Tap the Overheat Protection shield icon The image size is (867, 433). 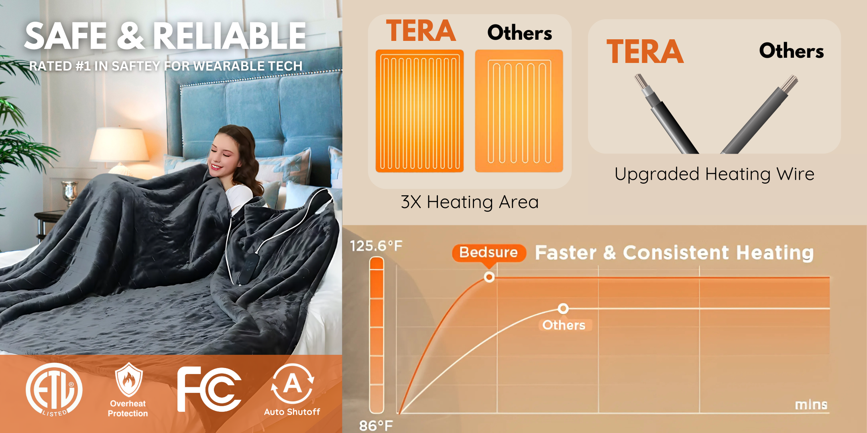[x=128, y=379]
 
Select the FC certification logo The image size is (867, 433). [x=209, y=389]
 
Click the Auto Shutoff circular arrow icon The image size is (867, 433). [x=292, y=383]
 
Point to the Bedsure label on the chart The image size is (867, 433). [x=489, y=253]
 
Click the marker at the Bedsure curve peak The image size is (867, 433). [x=489, y=277]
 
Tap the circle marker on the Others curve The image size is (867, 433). [x=563, y=309]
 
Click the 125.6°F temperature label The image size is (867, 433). [x=376, y=246]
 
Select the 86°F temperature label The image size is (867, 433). [x=376, y=425]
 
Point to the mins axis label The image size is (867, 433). [x=811, y=405]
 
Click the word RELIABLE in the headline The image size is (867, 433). [x=230, y=36]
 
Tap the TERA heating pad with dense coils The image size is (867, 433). [x=419, y=111]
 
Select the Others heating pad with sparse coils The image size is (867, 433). [x=519, y=111]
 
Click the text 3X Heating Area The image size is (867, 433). [x=470, y=202]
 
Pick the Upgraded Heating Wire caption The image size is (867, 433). [x=714, y=174]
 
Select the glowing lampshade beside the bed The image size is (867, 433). [x=119, y=145]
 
